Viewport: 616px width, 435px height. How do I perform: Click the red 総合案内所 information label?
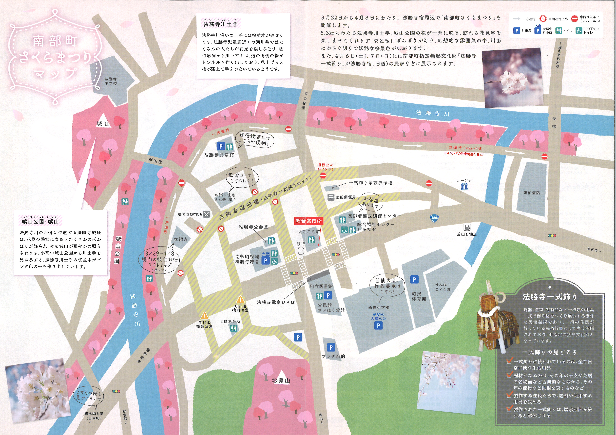tap(308, 221)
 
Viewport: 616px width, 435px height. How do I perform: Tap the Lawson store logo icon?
tap(464, 187)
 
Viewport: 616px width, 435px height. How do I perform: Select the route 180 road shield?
tap(434, 218)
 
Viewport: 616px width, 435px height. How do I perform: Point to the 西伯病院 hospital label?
tap(532, 193)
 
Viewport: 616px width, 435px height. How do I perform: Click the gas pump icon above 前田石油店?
tap(467, 227)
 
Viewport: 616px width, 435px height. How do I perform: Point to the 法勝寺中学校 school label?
tap(111, 81)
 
